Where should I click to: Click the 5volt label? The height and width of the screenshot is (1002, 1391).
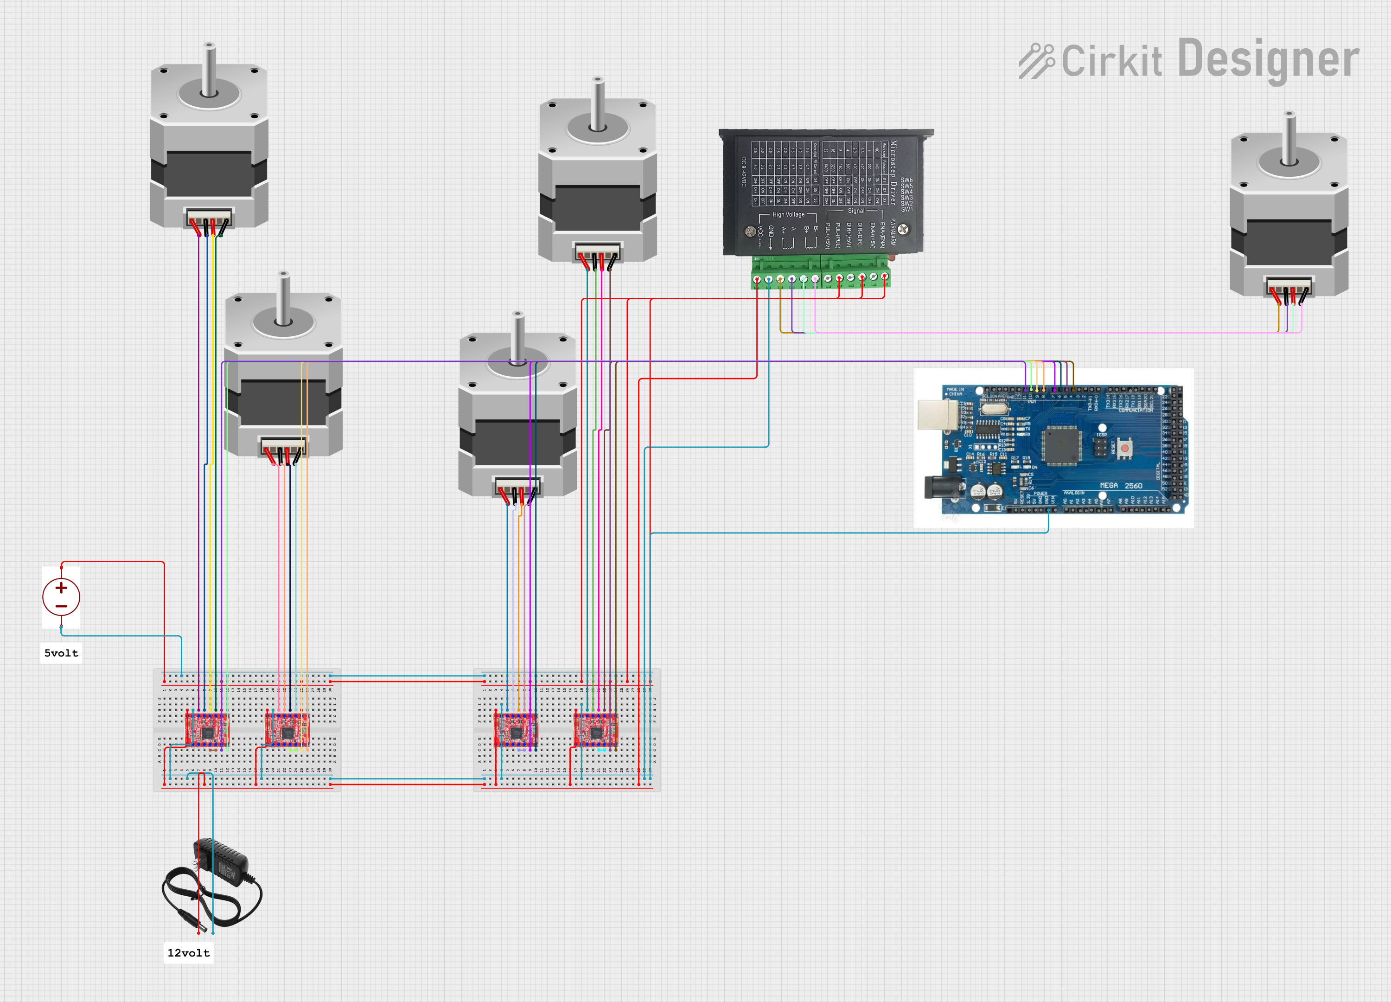coord(61,653)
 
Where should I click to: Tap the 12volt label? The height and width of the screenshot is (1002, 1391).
coord(188,953)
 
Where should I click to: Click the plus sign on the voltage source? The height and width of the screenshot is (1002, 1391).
coord(61,588)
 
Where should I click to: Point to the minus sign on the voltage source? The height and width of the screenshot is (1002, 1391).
coord(61,606)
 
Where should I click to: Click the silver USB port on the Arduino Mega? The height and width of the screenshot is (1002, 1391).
coord(937,414)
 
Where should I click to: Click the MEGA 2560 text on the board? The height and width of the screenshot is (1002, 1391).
coord(1121,485)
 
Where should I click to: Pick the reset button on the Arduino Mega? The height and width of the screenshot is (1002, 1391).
coord(1124,448)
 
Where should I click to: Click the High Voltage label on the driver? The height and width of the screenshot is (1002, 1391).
coord(788,215)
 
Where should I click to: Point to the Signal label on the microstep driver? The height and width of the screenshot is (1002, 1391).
coord(856,211)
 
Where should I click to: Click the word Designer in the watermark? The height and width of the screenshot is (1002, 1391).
coord(1268,59)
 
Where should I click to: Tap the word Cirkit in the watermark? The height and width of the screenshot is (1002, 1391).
coord(1111,61)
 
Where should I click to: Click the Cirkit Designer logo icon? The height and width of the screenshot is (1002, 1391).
coord(1036,61)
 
